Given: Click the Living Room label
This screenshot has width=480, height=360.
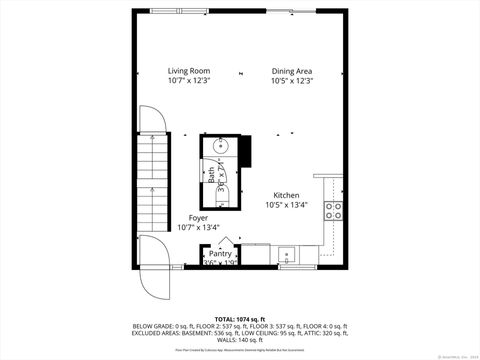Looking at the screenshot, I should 188,71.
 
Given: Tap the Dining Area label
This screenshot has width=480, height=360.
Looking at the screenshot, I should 292,71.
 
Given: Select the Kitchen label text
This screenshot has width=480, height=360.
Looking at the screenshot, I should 287,195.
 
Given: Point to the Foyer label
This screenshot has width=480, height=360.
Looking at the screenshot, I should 198,217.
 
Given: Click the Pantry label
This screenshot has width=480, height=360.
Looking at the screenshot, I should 220,254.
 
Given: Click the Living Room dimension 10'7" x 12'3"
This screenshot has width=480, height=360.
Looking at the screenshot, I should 188,81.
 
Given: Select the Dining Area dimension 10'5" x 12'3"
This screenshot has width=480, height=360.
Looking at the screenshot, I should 292,81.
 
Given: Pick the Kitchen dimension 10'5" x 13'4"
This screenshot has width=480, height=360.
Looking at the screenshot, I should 287,205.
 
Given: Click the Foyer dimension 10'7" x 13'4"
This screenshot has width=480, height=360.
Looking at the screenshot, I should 198,227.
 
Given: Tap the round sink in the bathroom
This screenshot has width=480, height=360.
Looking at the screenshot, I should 222,148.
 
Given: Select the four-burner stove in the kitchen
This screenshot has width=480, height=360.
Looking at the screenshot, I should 335,210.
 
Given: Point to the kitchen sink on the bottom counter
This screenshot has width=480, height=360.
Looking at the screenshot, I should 287,252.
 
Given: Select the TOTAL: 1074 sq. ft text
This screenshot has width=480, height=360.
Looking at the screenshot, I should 240,318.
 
